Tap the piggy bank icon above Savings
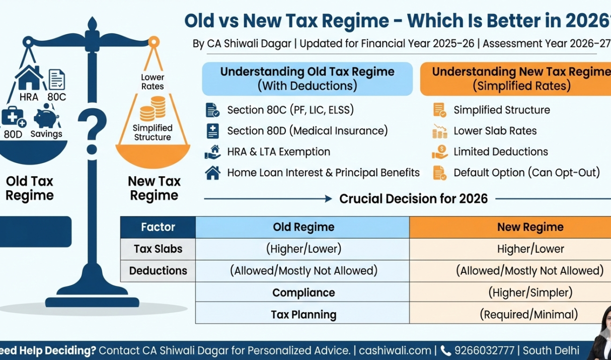pos(46,117)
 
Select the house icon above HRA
pos(29,78)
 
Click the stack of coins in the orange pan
pos(152,109)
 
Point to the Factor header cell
pos(158,227)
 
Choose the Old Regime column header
pos(303,227)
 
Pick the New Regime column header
pos(530,227)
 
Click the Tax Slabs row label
pos(158,249)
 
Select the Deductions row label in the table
pos(158,271)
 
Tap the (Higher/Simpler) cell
pos(530,293)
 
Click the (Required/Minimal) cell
pos(530,315)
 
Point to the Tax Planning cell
pos(303,315)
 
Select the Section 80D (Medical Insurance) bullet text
pos(307,131)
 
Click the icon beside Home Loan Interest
pos(212,173)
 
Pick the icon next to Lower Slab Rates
pos(439,131)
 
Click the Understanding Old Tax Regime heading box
pos(307,79)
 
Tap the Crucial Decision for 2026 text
pos(413,199)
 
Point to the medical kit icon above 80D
pos(13,117)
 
